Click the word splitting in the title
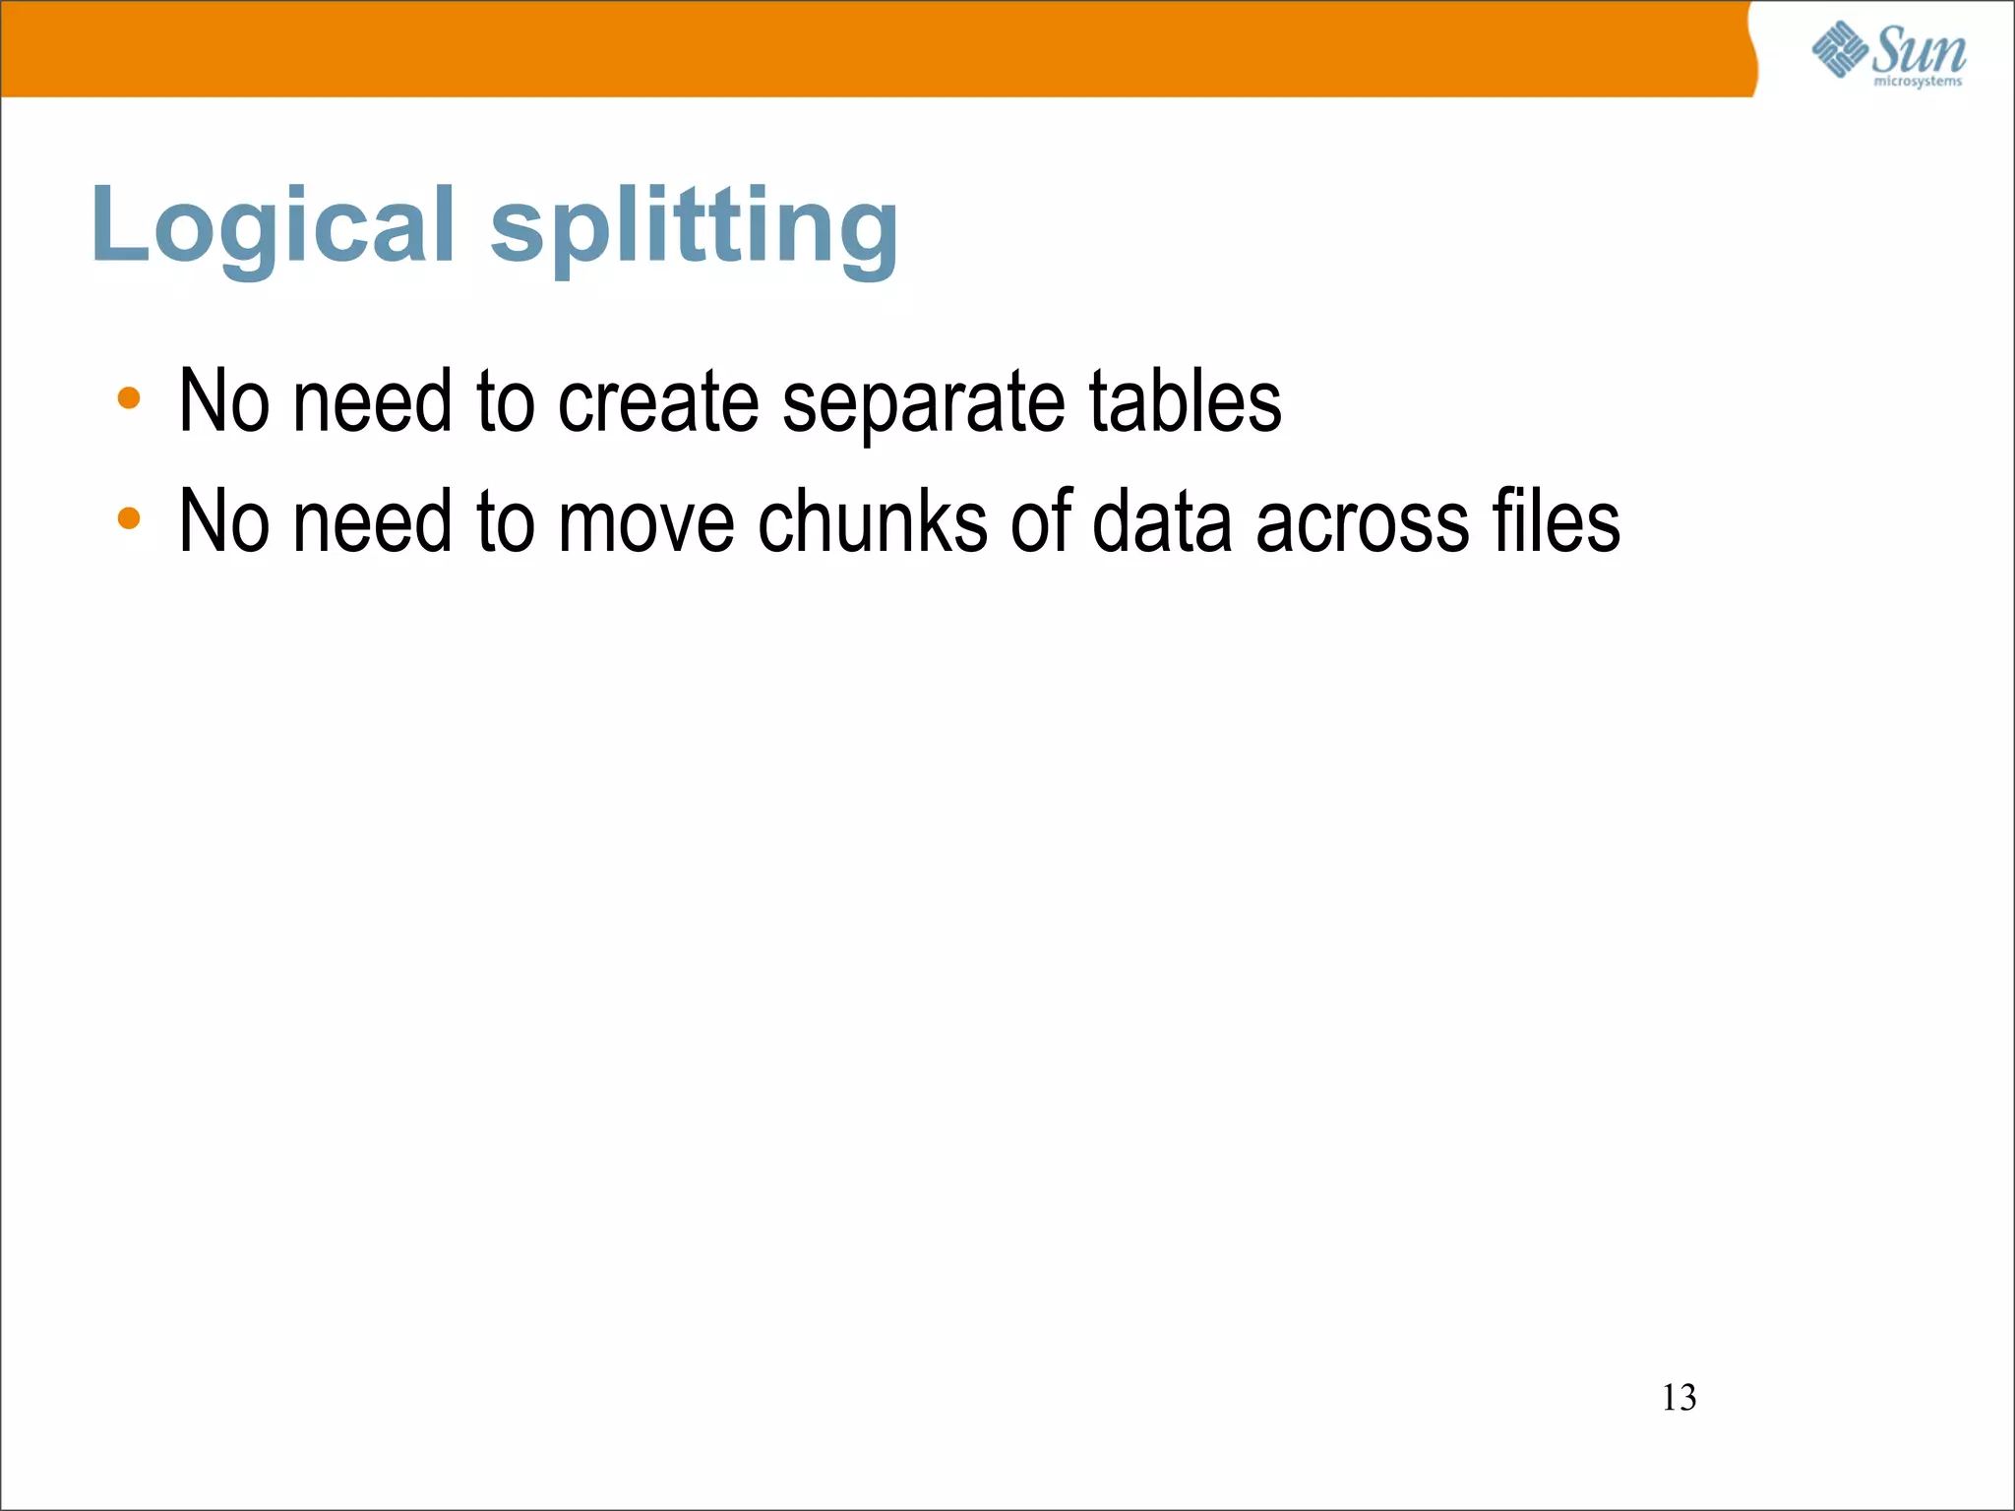[x=695, y=228]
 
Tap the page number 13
[x=1679, y=1398]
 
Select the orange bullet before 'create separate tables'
[x=129, y=398]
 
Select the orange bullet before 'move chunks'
[x=129, y=518]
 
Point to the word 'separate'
[x=923, y=403]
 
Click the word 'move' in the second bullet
[x=646, y=521]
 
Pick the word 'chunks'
[x=873, y=521]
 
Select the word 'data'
[x=1162, y=521]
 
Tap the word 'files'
[x=1556, y=521]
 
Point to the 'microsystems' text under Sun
[x=1918, y=82]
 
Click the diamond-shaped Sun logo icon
[x=1839, y=49]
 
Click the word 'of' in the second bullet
[x=1041, y=521]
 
